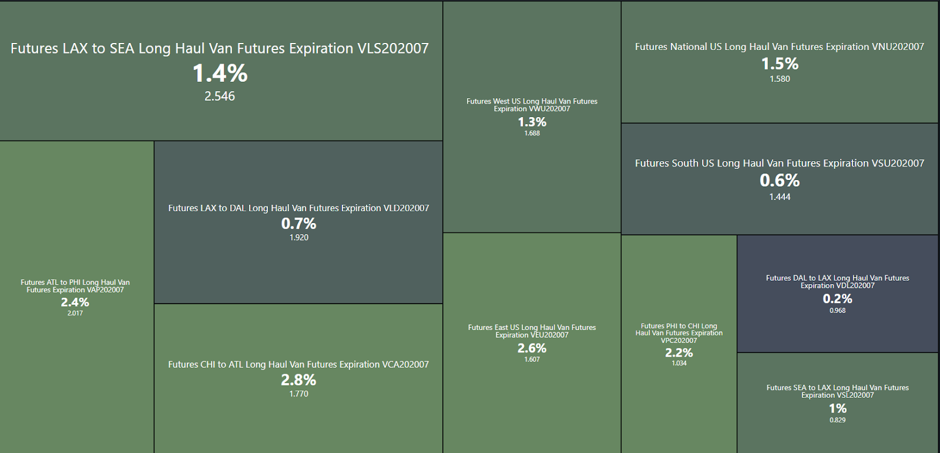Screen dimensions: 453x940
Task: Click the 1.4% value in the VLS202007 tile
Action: click(220, 74)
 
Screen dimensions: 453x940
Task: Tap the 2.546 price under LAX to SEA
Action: click(220, 96)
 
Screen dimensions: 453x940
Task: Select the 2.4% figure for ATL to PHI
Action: click(75, 302)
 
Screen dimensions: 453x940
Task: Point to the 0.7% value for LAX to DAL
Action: click(298, 224)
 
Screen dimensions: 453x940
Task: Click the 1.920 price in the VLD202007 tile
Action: click(298, 238)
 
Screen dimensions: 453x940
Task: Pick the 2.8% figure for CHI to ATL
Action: click(298, 380)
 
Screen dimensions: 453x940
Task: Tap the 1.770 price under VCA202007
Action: click(298, 394)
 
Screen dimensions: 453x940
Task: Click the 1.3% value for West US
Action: click(532, 122)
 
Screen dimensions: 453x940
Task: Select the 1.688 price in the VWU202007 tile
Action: click(532, 134)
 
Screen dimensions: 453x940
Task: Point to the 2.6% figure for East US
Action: click(532, 348)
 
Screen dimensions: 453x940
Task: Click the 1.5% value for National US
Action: click(780, 64)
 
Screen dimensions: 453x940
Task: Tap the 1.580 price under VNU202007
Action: click(780, 79)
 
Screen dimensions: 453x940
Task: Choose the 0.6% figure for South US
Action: click(780, 180)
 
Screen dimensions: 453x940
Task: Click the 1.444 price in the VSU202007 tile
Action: click(780, 197)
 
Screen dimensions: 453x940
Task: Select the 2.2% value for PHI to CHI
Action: click(679, 353)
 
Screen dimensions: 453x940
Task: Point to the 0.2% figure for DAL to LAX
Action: click(837, 299)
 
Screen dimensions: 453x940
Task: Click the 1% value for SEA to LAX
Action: click(837, 408)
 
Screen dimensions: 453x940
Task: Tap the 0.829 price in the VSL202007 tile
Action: click(837, 420)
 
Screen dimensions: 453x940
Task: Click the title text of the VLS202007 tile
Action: click(220, 48)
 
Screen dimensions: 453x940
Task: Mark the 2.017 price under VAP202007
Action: click(75, 314)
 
